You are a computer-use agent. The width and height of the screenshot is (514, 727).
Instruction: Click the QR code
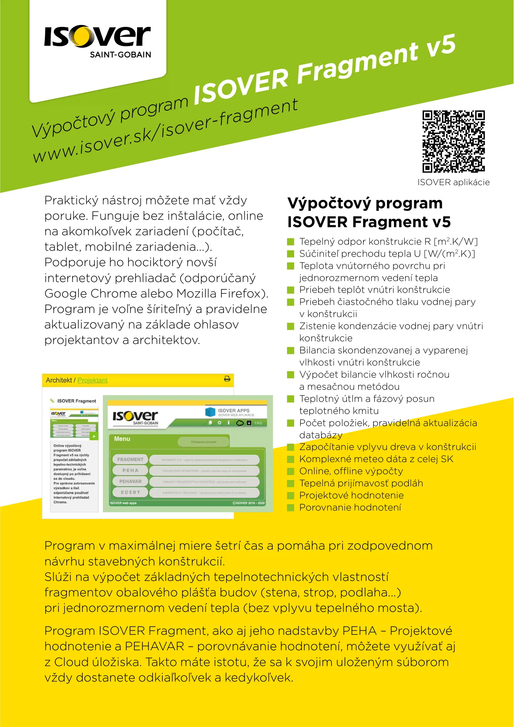point(453,141)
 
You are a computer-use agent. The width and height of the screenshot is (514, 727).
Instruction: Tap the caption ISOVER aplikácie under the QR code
point(453,182)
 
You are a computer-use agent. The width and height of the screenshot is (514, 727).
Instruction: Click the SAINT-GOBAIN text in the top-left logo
point(120,55)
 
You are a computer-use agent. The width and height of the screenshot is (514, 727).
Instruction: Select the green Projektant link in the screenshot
point(92,380)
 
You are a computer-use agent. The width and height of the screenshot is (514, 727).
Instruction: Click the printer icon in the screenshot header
point(227,379)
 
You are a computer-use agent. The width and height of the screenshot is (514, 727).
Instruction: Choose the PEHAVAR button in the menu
point(130,481)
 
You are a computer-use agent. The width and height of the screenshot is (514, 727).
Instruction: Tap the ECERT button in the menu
point(130,492)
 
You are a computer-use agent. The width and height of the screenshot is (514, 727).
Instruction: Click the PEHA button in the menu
point(130,470)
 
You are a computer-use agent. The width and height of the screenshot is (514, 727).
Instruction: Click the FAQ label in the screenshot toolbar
point(258,423)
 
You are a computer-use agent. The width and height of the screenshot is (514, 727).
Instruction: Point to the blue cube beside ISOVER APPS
point(210,412)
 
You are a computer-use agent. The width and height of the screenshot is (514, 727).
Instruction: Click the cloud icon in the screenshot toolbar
point(240,423)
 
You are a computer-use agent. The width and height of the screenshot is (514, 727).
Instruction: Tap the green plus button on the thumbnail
point(94,437)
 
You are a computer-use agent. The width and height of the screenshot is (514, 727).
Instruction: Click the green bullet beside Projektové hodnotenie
point(290,495)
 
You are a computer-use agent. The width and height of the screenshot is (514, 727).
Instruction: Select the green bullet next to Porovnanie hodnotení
point(290,508)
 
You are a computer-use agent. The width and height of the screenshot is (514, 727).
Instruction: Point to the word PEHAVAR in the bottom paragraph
point(154,646)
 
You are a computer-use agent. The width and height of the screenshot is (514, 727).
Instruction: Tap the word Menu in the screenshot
point(122,439)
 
